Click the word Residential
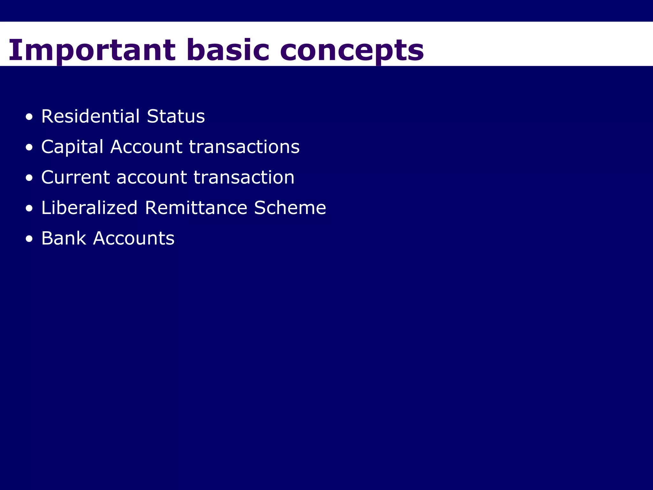(x=91, y=116)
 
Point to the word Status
(x=176, y=116)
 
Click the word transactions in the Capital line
(x=244, y=147)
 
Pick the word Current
(x=75, y=177)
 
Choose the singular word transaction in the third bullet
(x=244, y=177)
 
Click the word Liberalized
(x=89, y=208)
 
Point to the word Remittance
(x=196, y=208)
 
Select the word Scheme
(x=290, y=208)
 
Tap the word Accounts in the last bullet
(x=134, y=238)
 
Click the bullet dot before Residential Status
(x=29, y=117)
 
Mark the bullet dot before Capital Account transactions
(x=29, y=148)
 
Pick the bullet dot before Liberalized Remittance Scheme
(x=29, y=209)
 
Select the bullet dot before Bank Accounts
(x=29, y=239)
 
